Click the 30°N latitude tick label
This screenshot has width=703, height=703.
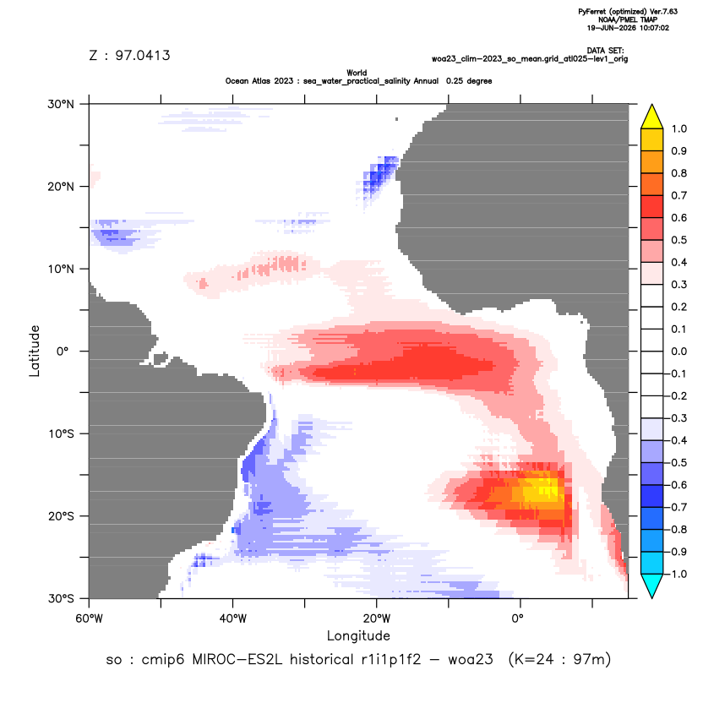[61, 104]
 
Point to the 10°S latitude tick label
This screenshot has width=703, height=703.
[61, 434]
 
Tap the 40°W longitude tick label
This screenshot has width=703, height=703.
[232, 619]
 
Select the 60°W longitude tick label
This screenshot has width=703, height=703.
[90, 619]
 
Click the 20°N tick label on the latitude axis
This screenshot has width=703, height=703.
[61, 187]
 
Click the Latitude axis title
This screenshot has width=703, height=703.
[35, 351]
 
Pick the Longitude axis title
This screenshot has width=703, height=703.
[358, 636]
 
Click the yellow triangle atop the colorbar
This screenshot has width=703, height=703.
[652, 117]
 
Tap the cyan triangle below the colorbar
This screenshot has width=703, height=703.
[652, 586]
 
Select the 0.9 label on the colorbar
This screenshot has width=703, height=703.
[678, 151]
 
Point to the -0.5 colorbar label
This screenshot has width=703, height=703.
[676, 463]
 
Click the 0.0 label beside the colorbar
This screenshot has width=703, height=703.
[678, 351]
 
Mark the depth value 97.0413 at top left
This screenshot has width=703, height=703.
[143, 56]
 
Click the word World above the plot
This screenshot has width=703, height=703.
[357, 73]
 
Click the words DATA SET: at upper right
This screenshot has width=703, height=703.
[605, 51]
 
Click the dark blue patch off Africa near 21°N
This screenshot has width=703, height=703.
[379, 176]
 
